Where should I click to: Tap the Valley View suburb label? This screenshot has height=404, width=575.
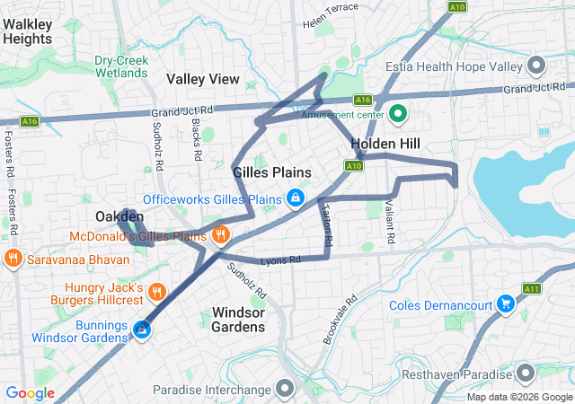click(x=203, y=79)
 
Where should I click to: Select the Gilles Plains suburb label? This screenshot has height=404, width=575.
click(x=271, y=172)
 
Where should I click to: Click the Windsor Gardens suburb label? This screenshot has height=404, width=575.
click(x=238, y=320)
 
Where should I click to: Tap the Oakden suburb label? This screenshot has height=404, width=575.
click(x=119, y=217)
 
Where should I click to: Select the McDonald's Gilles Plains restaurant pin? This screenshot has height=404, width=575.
click(x=221, y=235)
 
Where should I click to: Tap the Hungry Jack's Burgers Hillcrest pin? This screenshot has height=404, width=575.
click(x=156, y=291)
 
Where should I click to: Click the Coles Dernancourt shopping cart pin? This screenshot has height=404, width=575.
click(x=506, y=305)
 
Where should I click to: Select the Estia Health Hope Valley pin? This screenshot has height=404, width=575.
click(x=537, y=66)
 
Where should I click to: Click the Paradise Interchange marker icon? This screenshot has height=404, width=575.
click(x=286, y=390)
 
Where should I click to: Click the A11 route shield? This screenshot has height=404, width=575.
click(x=531, y=289)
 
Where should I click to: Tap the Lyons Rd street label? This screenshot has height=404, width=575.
click(x=280, y=260)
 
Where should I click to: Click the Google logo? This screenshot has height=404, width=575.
click(x=30, y=393)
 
